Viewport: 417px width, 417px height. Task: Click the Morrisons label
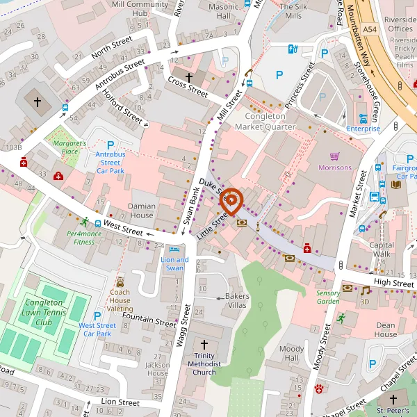pyautogui.click(x=335, y=167)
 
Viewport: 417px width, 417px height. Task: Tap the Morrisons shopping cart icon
pyautogui.click(x=335, y=156)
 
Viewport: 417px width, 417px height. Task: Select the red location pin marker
pyautogui.click(x=230, y=202)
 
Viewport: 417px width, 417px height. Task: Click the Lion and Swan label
pyautogui.click(x=174, y=264)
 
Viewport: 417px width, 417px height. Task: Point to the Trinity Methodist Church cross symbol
pyautogui.click(x=204, y=345)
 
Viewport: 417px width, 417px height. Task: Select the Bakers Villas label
pyautogui.click(x=237, y=300)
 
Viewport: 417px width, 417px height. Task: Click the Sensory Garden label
pyautogui.click(x=328, y=297)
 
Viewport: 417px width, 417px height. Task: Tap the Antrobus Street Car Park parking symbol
pyautogui.click(x=110, y=145)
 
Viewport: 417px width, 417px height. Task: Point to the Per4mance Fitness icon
pyautogui.click(x=85, y=222)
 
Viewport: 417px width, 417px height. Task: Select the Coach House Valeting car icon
pyautogui.click(x=120, y=282)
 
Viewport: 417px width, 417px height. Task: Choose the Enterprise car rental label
pyautogui.click(x=363, y=129)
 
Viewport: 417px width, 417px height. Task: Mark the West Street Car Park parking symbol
pyautogui.click(x=97, y=316)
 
